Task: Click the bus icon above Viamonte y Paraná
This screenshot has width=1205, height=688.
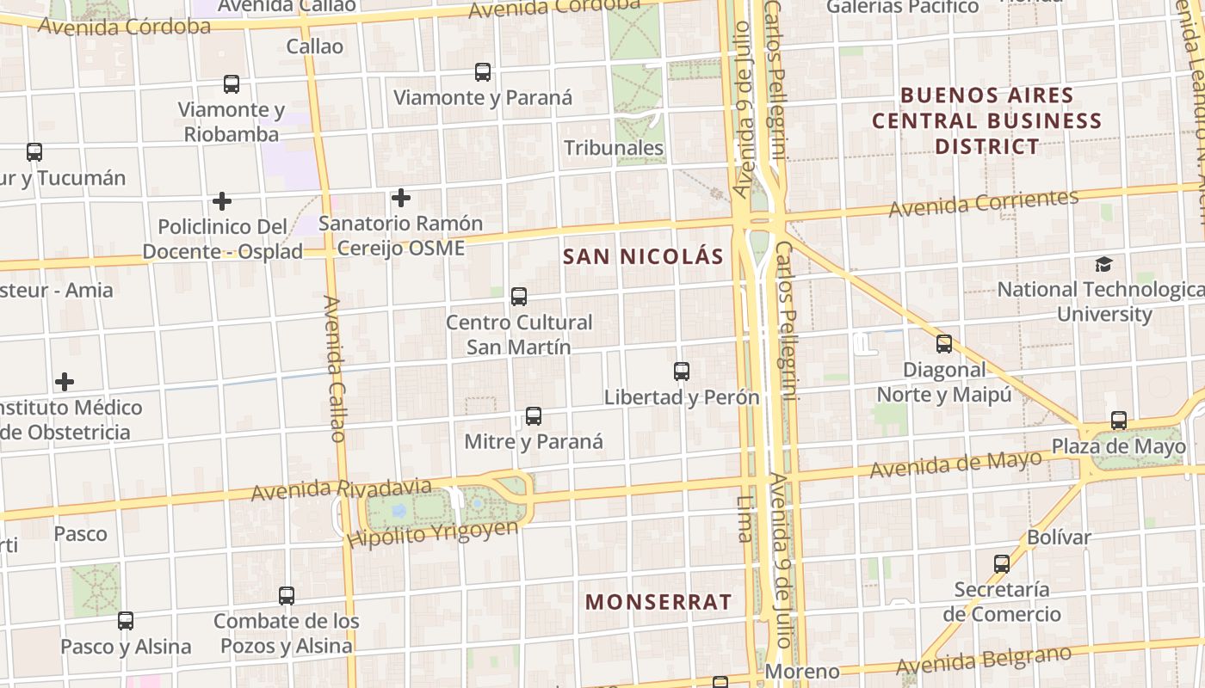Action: pyautogui.click(x=483, y=72)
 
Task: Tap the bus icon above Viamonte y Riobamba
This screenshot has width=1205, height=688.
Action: pyautogui.click(x=232, y=84)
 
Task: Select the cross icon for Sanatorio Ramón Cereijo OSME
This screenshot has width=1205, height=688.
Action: pyautogui.click(x=401, y=199)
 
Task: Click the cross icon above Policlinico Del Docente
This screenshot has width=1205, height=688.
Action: pyautogui.click(x=222, y=202)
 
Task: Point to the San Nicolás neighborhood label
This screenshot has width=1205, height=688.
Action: pyautogui.click(x=643, y=256)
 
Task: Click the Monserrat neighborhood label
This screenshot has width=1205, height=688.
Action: pyautogui.click(x=658, y=602)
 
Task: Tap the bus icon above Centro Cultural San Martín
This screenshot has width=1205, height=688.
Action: pyautogui.click(x=519, y=297)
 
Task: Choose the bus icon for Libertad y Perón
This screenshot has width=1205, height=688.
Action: pyautogui.click(x=682, y=372)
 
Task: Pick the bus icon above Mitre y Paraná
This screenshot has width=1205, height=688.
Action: pyautogui.click(x=534, y=416)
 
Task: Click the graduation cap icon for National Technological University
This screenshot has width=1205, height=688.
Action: pyautogui.click(x=1103, y=264)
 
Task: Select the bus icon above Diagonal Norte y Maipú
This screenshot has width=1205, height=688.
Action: pyautogui.click(x=944, y=344)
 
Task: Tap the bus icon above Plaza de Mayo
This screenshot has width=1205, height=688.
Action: pyautogui.click(x=1119, y=421)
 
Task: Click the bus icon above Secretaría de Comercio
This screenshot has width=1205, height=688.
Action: pyautogui.click(x=1002, y=564)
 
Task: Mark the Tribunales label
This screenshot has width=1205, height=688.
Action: pyautogui.click(x=614, y=148)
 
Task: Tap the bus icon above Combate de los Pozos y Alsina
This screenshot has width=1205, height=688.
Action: pyautogui.click(x=287, y=595)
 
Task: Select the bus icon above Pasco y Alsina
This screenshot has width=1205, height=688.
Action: pyautogui.click(x=126, y=621)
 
